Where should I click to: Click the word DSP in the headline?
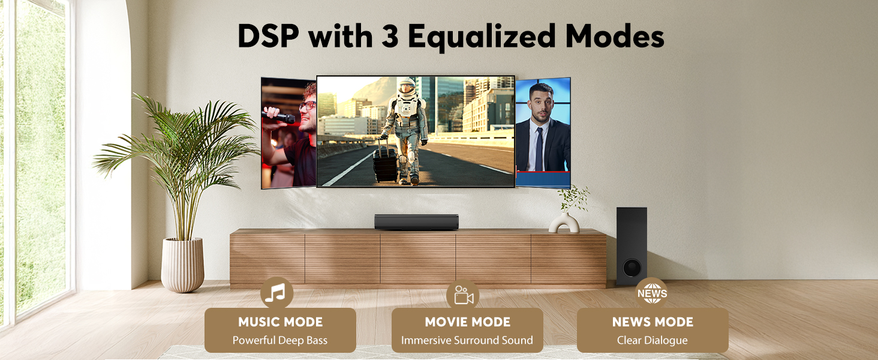coord(267,37)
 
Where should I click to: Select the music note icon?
coord(276,293)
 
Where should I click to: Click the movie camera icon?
coord(463,295)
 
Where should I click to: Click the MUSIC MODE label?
coord(280,322)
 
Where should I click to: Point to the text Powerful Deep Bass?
coord(280,340)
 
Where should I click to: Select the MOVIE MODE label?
coord(467,322)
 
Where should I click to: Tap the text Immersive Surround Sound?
coord(467,340)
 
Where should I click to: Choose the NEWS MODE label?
coord(653,322)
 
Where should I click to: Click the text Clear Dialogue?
coord(653,340)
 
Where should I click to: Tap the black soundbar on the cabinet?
coord(416,221)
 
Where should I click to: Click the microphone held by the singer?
coord(279,116)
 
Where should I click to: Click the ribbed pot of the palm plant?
coord(183,264)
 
